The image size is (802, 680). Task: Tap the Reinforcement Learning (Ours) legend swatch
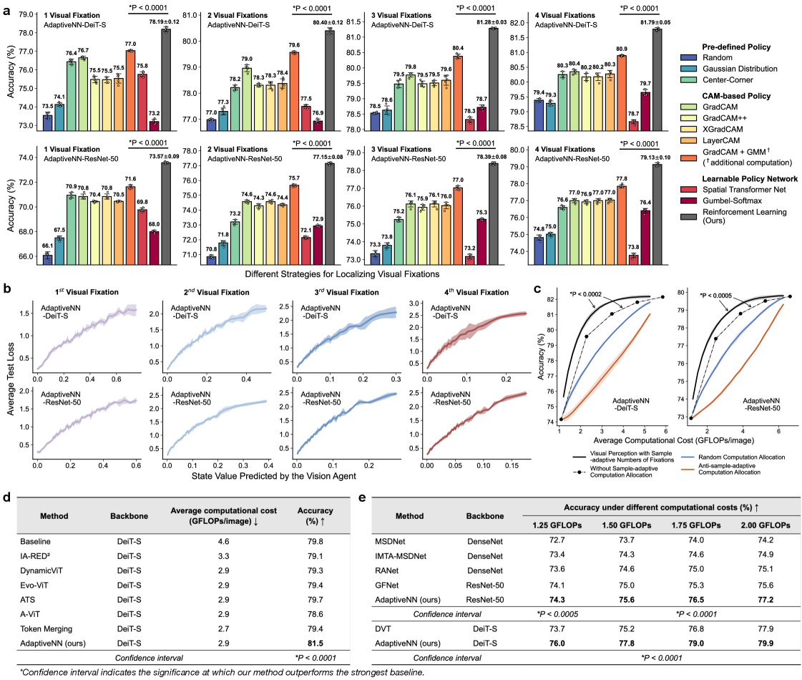pos(689,213)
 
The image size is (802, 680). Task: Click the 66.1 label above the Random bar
pos(47,246)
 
